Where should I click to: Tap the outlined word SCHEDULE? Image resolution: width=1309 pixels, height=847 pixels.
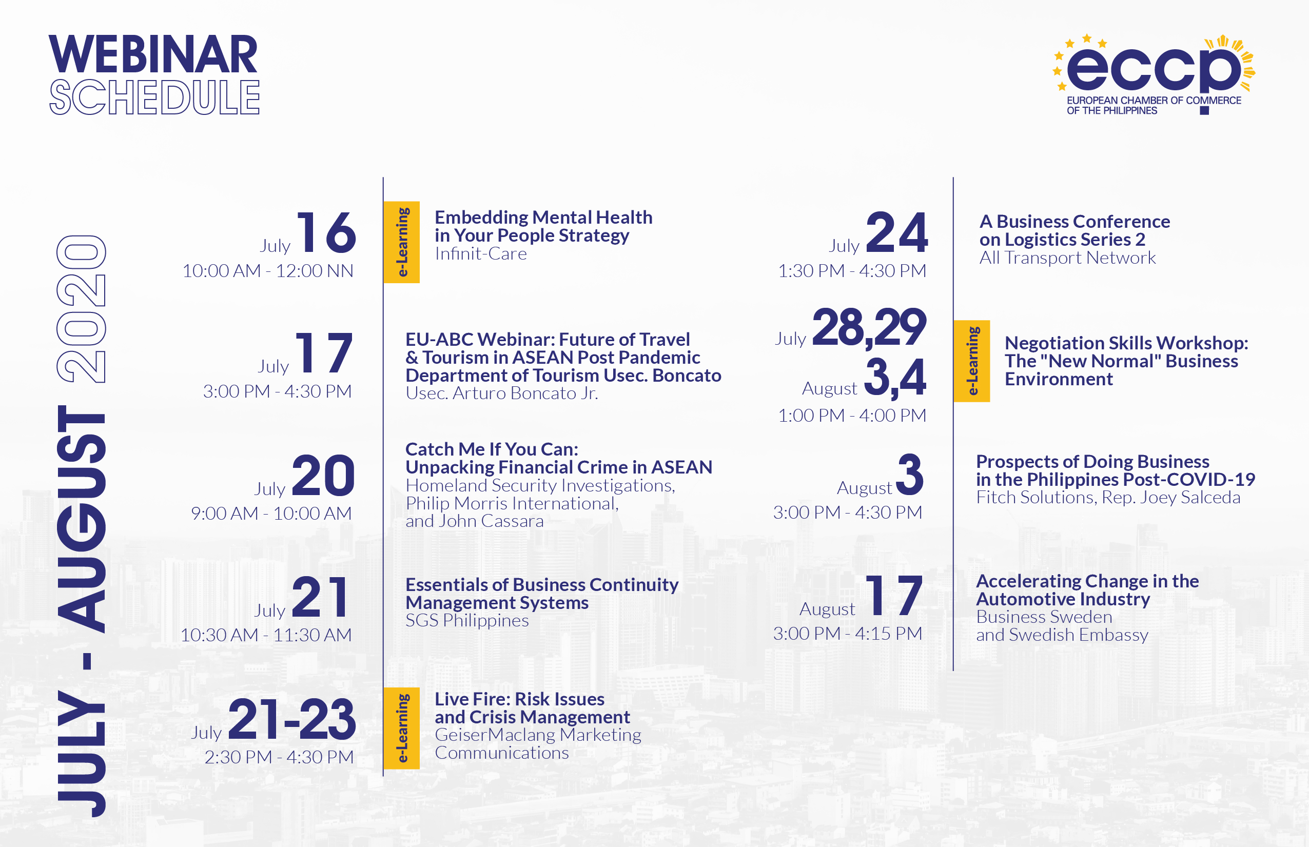[x=154, y=97]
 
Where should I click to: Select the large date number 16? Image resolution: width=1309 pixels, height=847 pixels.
[x=327, y=232]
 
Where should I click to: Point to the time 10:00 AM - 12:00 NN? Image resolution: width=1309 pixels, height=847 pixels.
[x=268, y=270]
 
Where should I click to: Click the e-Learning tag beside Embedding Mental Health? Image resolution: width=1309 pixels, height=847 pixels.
[x=401, y=242]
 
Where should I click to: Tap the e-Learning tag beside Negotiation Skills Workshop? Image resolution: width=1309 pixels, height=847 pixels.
[x=972, y=361]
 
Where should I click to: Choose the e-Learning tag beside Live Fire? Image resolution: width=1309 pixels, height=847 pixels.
[x=401, y=728]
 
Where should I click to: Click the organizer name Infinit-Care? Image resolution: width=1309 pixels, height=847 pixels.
[x=481, y=253]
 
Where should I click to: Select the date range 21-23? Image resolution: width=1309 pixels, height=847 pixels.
[x=292, y=719]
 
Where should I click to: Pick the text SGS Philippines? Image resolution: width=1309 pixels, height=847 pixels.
[x=467, y=620]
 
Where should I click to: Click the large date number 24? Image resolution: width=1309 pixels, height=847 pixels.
[x=897, y=232]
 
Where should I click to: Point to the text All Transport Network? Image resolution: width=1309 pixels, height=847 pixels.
[x=1067, y=258]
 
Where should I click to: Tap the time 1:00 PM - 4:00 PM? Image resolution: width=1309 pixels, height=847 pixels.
[x=852, y=415]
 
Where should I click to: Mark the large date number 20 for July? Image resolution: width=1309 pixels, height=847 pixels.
[x=323, y=475]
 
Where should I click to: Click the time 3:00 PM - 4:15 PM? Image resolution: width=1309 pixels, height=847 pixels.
[x=848, y=633]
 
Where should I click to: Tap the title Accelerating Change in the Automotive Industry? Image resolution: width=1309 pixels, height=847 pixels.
[x=1087, y=589]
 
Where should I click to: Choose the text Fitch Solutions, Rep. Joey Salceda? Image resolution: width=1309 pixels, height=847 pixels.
[x=1108, y=497]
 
